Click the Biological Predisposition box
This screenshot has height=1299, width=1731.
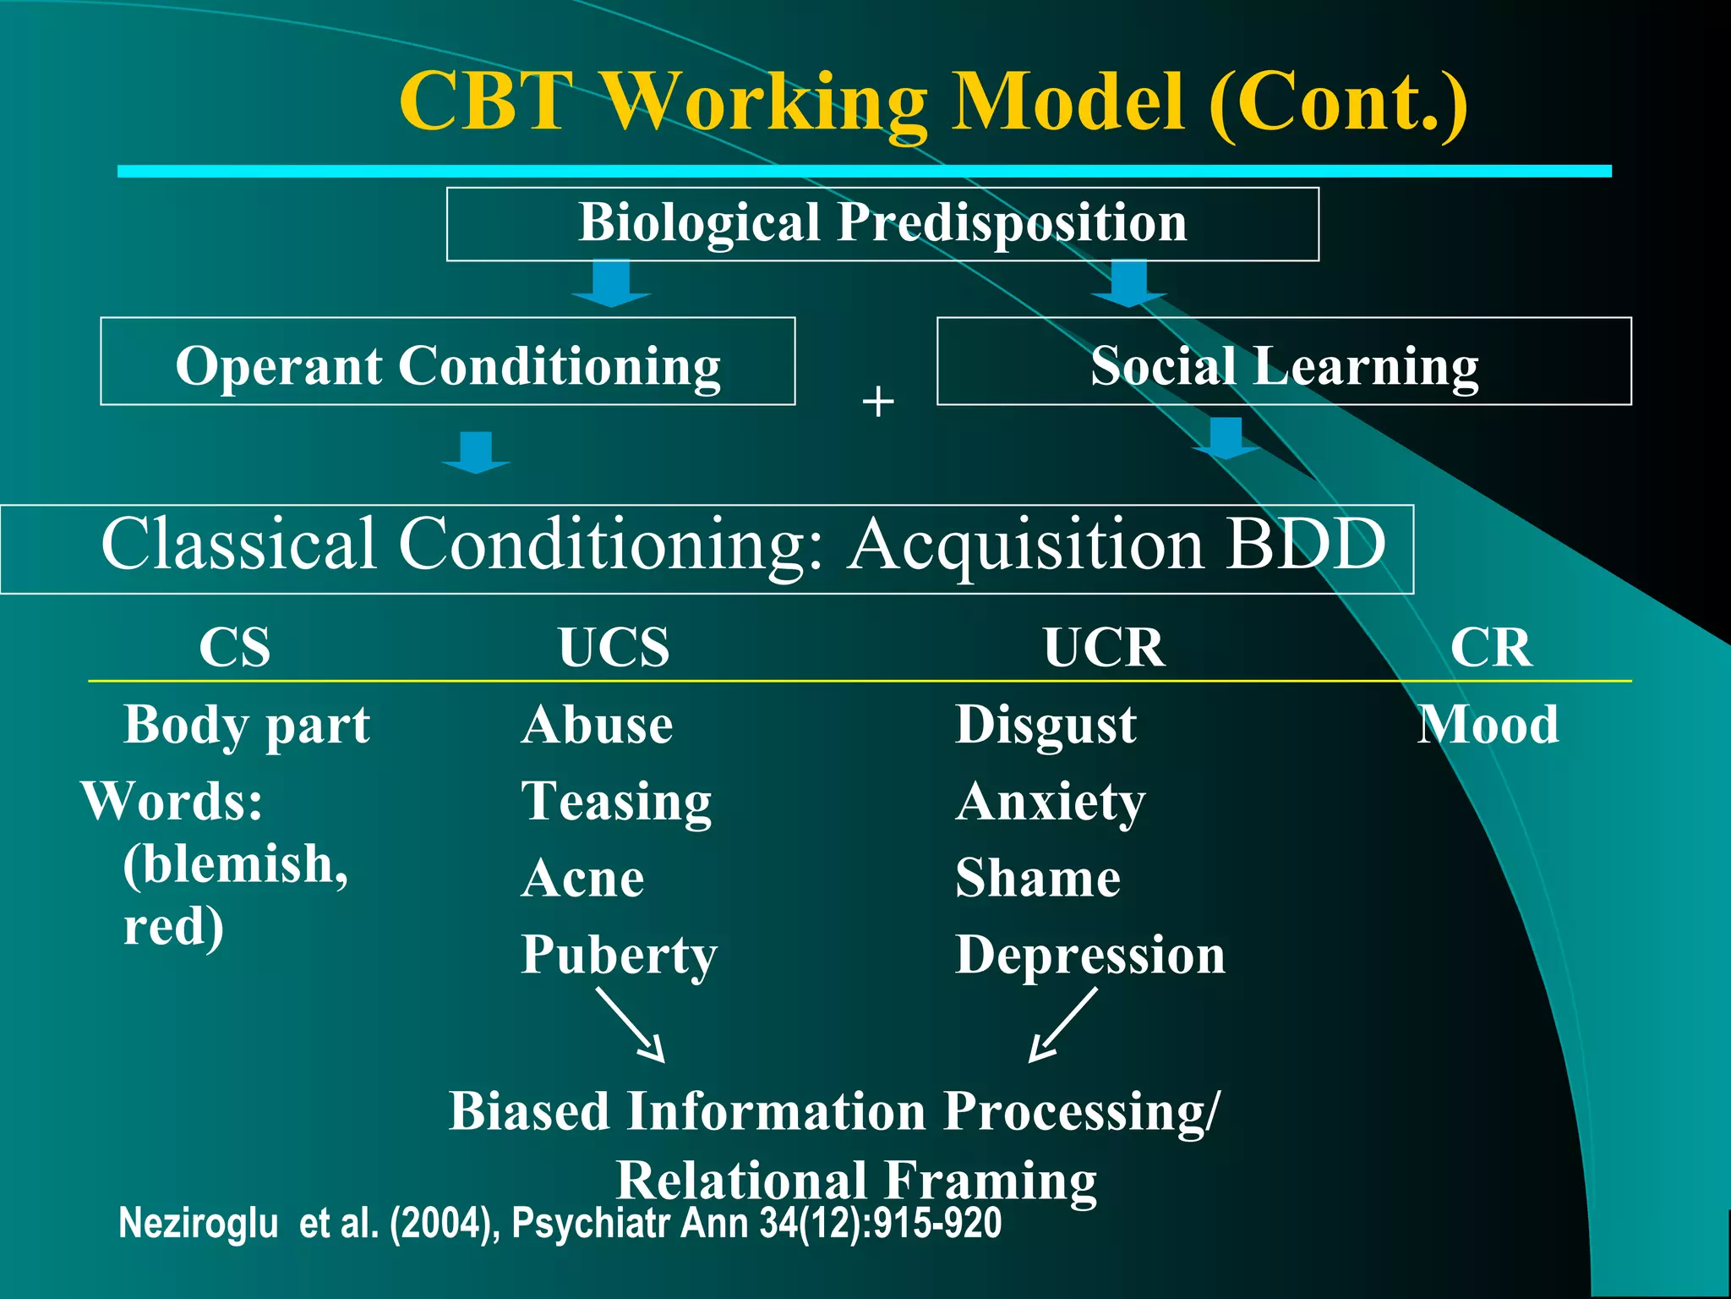point(882,223)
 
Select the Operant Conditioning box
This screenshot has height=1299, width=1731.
point(447,362)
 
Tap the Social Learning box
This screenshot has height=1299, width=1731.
point(1284,362)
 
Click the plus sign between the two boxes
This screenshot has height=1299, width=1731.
point(878,401)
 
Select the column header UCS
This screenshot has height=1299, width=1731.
point(614,648)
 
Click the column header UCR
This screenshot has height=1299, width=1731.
point(1103,648)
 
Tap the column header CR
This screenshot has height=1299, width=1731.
point(1491,648)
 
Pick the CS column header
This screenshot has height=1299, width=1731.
point(235,648)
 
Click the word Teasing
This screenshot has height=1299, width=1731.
point(616,802)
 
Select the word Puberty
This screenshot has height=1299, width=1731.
point(619,956)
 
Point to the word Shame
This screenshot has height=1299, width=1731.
point(1038,879)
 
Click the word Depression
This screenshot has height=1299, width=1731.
point(1090,956)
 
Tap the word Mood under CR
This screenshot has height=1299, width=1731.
point(1488,725)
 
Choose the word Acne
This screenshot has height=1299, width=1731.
point(583,879)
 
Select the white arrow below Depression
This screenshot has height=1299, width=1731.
point(1062,1025)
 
